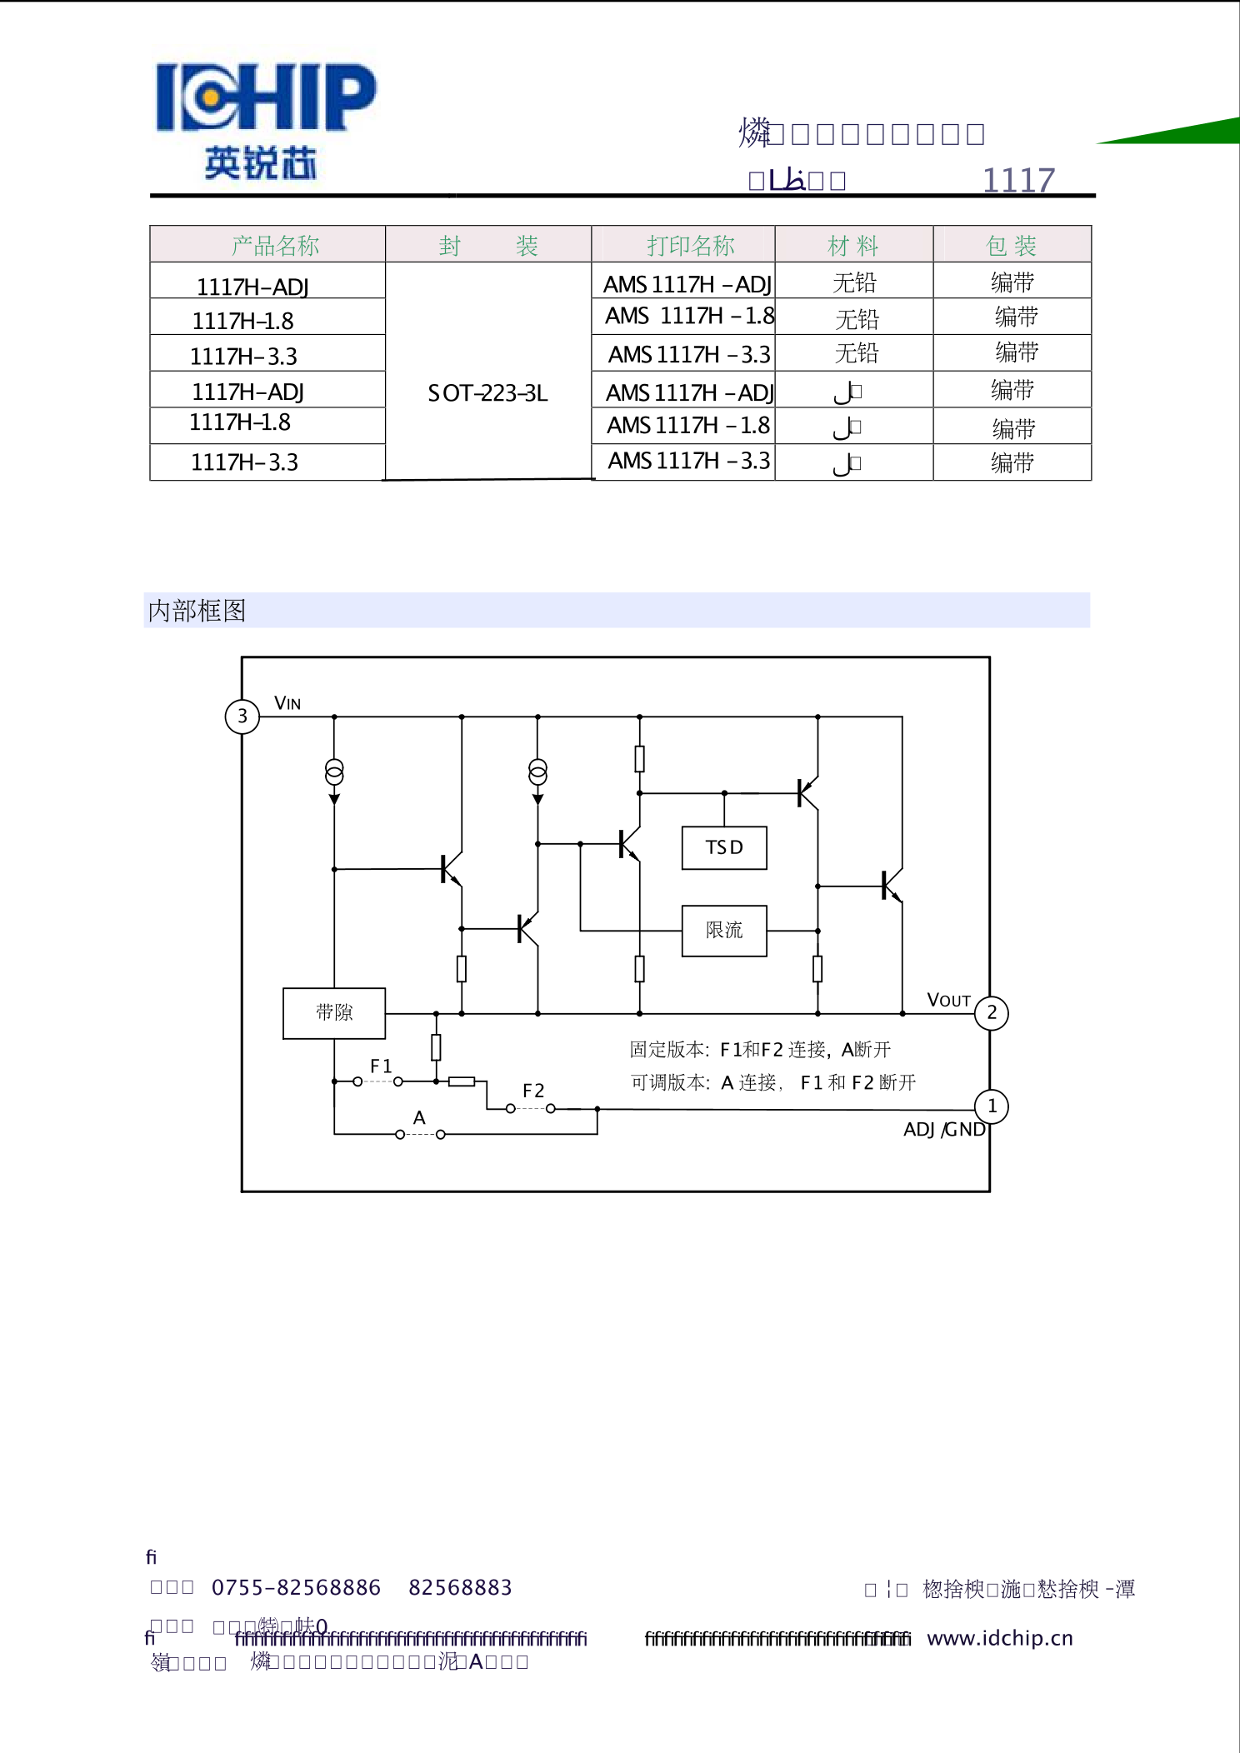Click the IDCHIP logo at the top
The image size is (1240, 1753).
(265, 119)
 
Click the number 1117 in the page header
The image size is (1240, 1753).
(1017, 180)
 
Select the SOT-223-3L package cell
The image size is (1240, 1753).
(487, 393)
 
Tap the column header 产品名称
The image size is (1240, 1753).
(275, 246)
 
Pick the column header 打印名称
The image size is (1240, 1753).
(690, 246)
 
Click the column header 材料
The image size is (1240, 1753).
(852, 246)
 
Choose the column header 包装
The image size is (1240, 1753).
(1011, 246)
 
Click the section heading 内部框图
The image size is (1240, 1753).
(197, 611)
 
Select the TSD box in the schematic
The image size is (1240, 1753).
(723, 848)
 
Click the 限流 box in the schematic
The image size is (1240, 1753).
(723, 931)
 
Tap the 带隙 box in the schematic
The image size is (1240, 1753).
(334, 1013)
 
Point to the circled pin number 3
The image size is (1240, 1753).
(242, 717)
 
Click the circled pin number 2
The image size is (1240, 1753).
(992, 1013)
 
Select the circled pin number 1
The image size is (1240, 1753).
(992, 1106)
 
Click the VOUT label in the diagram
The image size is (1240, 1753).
(948, 1000)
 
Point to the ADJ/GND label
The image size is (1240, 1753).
(944, 1130)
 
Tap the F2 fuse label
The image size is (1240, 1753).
(533, 1091)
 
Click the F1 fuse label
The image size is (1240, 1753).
(381, 1066)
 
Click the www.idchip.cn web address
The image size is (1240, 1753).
(1000, 1638)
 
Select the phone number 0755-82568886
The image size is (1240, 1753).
(296, 1588)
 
